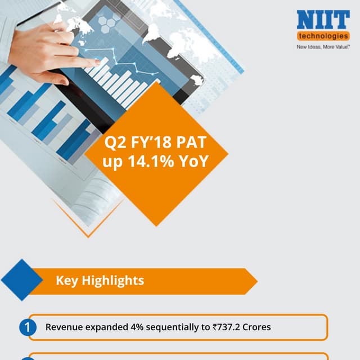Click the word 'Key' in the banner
(67, 280)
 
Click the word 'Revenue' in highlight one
(63, 327)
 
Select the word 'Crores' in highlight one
(257, 327)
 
